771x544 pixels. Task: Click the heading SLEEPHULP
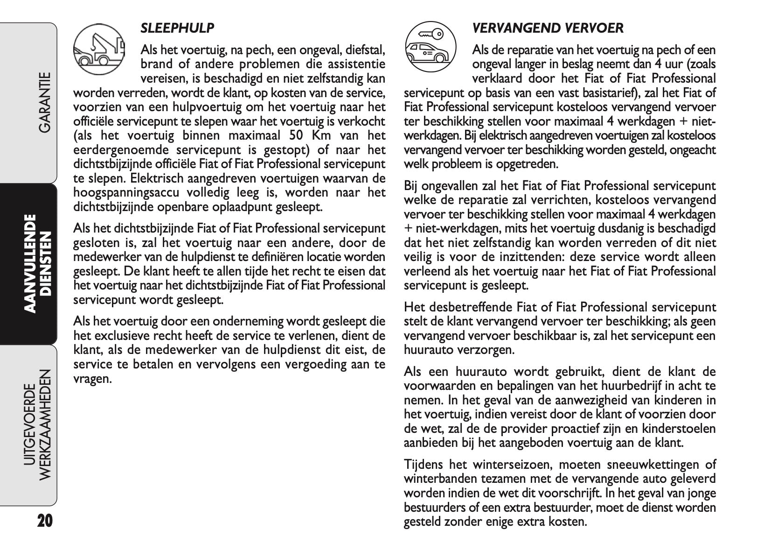177,28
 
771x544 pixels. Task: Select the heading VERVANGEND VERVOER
548,28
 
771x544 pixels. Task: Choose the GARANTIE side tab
45,102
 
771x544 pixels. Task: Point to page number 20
45,520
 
